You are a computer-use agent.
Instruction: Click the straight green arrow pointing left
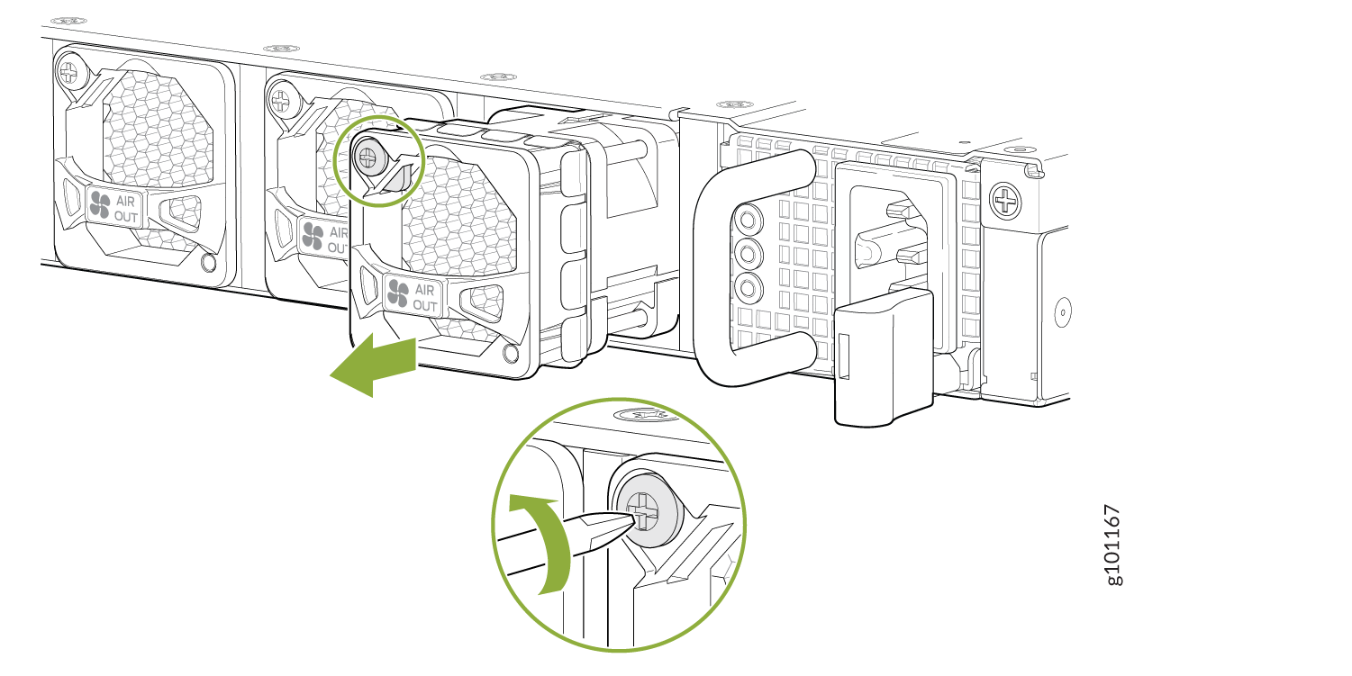(x=373, y=365)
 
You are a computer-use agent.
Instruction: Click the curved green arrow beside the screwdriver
(x=541, y=544)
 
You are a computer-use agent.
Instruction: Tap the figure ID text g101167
(x=1112, y=545)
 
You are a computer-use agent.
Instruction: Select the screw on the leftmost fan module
(x=70, y=74)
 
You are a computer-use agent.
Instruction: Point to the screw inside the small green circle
(x=368, y=158)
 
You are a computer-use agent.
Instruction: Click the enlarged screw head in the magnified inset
(x=646, y=510)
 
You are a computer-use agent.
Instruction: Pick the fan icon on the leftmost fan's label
(x=100, y=205)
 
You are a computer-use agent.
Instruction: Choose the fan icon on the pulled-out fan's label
(x=398, y=293)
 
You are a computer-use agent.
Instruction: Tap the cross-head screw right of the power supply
(x=1005, y=200)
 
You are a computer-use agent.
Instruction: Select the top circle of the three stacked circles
(x=748, y=220)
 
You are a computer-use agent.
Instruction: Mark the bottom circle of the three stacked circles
(x=748, y=287)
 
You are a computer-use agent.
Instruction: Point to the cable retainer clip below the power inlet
(x=884, y=357)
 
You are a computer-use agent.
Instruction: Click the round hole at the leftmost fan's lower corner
(x=208, y=262)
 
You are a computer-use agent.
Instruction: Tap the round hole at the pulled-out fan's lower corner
(x=510, y=354)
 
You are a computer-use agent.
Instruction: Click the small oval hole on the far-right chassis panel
(x=1062, y=312)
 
